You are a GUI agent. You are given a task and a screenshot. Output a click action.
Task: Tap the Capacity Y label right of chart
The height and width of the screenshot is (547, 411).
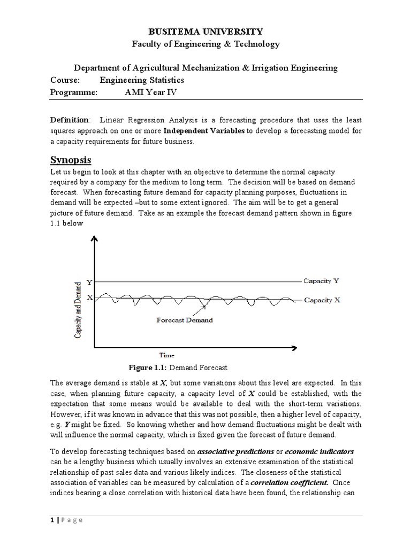[321, 281]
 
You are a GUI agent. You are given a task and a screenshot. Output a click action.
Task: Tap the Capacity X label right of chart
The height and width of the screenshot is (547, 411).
[322, 300]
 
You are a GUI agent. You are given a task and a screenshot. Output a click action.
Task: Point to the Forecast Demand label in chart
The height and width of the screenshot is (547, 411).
[184, 320]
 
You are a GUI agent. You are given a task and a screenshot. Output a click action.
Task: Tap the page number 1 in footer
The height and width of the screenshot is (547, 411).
[52, 521]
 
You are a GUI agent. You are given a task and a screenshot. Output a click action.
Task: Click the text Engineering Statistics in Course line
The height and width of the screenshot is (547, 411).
[142, 80]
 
